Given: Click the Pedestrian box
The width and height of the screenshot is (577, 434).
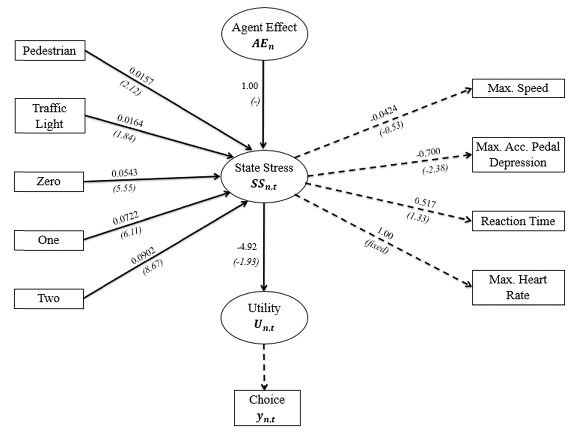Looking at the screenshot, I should (x=50, y=51).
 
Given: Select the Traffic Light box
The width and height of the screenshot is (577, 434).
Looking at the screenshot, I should (x=50, y=116).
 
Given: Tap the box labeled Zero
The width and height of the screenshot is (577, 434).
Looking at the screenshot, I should (x=49, y=181).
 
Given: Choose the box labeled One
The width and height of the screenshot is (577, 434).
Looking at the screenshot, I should (x=49, y=240).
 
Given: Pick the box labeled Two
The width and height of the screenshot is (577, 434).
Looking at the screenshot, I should (x=49, y=298).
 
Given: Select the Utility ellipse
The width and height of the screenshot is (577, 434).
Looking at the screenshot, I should (x=264, y=317).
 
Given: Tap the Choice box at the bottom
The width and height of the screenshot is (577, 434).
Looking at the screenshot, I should (x=267, y=408).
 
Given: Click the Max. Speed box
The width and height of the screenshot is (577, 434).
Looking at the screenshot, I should (x=518, y=88).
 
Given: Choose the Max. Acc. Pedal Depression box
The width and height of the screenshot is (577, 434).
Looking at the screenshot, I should (x=518, y=155).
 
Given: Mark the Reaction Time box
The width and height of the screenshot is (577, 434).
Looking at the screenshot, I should (x=518, y=221).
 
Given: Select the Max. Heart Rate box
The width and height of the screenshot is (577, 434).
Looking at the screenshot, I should (x=518, y=287).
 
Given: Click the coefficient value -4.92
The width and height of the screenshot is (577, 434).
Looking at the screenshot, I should (x=247, y=247).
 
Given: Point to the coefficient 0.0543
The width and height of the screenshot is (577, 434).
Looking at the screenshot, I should (x=124, y=173).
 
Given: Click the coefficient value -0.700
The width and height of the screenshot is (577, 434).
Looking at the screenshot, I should (x=428, y=153).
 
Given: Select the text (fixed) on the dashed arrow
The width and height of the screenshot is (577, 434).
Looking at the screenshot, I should (x=376, y=247).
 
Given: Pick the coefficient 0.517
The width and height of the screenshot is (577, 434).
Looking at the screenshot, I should (x=425, y=202).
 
